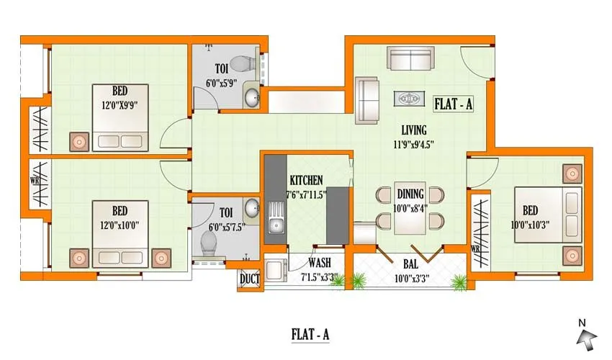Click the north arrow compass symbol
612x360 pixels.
coord(589,333)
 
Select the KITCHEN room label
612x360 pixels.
coord(306,180)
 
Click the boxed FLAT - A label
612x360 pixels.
coord(454,104)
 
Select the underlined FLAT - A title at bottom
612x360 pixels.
coord(310,334)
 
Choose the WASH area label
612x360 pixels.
coord(319,263)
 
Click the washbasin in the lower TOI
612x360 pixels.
coord(252,208)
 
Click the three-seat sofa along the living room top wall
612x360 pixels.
coord(410,58)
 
